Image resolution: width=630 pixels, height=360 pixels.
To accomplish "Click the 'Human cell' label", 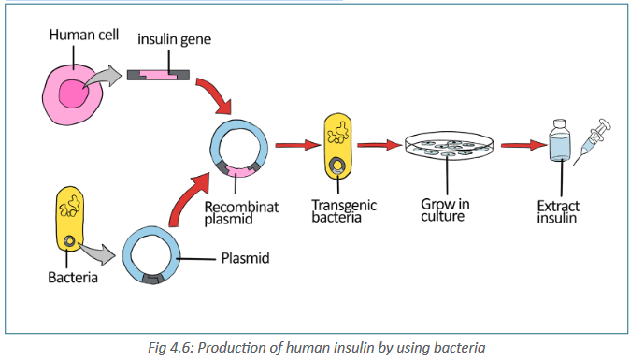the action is [x=84, y=35].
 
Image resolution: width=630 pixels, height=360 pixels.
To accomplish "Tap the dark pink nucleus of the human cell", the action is [x=74, y=94].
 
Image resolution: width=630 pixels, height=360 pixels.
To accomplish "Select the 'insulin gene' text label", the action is [x=174, y=39].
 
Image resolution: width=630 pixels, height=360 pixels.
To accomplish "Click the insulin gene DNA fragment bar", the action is [x=158, y=75].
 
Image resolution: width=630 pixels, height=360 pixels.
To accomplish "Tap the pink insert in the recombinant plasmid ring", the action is [x=239, y=171].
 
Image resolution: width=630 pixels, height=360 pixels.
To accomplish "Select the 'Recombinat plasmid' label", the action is [x=241, y=213].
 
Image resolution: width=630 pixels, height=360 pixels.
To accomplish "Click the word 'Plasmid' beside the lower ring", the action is [x=245, y=258].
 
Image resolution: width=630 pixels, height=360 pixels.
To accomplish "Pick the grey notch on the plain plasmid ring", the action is [x=152, y=279].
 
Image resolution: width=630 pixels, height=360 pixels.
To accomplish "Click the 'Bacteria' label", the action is [x=73, y=277].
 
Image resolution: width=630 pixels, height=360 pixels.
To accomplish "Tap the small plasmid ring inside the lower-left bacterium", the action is [x=70, y=241].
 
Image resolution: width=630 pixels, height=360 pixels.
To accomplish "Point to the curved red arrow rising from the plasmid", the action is [x=186, y=201].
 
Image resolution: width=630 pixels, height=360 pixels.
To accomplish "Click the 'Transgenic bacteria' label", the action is [x=344, y=211].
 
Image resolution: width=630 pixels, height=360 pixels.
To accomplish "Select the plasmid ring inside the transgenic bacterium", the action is [x=337, y=166].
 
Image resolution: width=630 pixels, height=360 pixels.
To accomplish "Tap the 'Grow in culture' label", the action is [x=445, y=210].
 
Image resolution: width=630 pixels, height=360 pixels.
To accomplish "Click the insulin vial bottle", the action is [x=560, y=140].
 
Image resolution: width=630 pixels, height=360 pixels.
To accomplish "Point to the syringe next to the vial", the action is [x=592, y=141].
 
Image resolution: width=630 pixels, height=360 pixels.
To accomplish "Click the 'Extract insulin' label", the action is [x=558, y=211].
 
